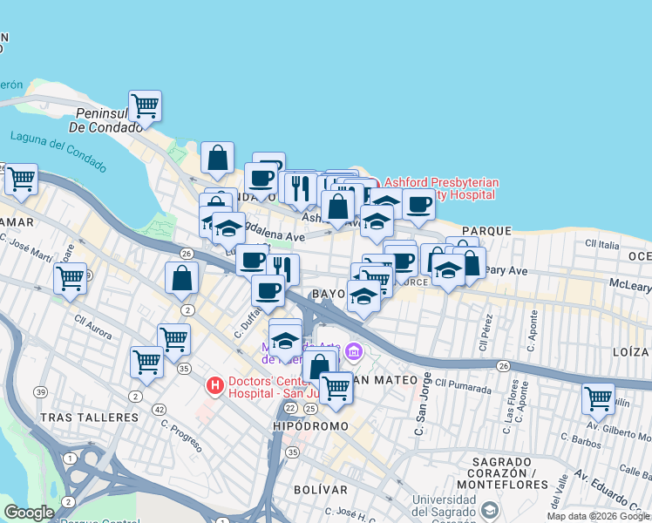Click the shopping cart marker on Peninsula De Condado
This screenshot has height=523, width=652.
145,106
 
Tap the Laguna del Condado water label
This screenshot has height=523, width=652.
58,152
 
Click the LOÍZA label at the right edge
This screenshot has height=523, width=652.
631,352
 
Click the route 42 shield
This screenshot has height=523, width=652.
159,409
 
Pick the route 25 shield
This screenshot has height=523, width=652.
309,408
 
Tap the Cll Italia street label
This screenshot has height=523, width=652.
601,243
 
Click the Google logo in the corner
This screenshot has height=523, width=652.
29,513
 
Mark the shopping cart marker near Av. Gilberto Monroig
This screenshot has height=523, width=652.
598,399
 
